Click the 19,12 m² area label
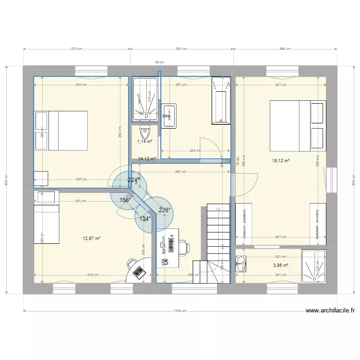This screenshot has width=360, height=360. pos(281,162)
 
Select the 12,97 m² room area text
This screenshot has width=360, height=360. pos(91,239)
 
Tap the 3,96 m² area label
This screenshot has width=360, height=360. pos(280,265)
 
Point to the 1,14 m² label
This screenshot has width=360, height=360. pos(144,142)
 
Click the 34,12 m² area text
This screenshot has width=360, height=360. pos(147,159)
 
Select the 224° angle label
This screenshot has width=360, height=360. pos(134,180)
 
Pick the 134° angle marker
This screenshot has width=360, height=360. pos(145,219)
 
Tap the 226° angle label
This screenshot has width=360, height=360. pos(165,210)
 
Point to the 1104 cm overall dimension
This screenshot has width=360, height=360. pos(180,311)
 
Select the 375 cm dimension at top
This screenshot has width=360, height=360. pos(76,49)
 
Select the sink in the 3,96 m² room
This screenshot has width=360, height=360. pos(240,263)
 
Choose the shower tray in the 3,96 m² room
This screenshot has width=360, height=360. pos(314,265)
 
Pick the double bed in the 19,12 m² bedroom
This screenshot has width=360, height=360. pos(298,125)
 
